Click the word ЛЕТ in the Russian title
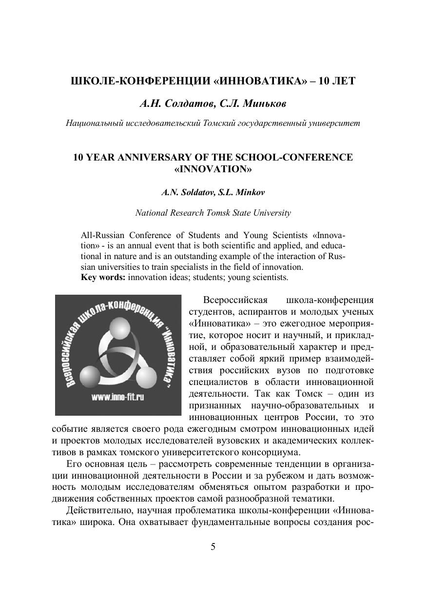point(343,81)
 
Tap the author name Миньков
point(264,103)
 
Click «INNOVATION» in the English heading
point(213,169)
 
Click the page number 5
point(213,546)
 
